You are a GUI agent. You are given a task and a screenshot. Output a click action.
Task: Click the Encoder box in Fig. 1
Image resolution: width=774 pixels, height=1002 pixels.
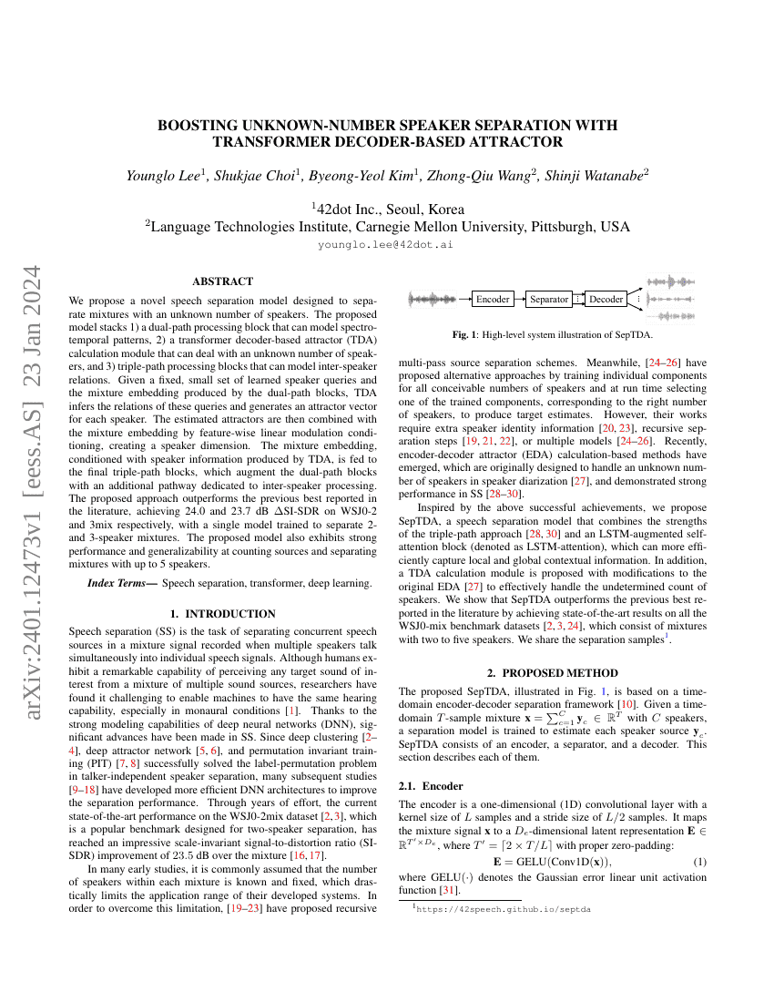(x=494, y=299)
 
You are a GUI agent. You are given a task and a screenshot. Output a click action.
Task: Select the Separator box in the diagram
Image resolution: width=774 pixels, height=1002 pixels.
(x=549, y=299)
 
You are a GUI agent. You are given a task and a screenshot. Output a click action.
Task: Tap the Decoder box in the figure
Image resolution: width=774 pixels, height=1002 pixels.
(x=606, y=299)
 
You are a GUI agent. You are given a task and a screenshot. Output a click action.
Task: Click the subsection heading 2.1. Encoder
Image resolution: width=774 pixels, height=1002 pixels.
(x=432, y=785)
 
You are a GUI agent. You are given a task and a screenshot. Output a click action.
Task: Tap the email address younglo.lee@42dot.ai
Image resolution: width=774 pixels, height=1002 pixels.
(x=386, y=245)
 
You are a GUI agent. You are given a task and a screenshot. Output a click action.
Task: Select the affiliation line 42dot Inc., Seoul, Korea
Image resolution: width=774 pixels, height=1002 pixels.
(x=387, y=208)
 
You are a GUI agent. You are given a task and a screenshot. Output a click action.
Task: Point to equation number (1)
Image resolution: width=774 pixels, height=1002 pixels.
(x=700, y=861)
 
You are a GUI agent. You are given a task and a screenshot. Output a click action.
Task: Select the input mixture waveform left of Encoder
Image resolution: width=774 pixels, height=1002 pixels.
(x=433, y=299)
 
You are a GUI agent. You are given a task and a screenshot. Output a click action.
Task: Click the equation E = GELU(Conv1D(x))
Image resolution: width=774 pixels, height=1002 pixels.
(x=552, y=861)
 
